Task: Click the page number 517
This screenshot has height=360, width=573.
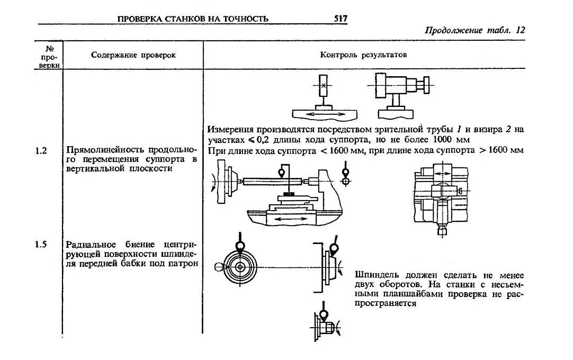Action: pyautogui.click(x=341, y=19)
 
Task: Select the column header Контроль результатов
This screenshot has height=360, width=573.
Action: pyautogui.click(x=363, y=55)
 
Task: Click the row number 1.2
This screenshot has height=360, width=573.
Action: pyautogui.click(x=41, y=150)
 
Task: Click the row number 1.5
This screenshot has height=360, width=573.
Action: pyautogui.click(x=41, y=245)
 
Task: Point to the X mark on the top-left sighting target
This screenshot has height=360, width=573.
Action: pyautogui.click(x=324, y=85)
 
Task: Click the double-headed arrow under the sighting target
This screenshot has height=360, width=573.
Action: pyautogui.click(x=325, y=114)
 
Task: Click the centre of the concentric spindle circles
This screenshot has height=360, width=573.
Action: pyautogui.click(x=240, y=267)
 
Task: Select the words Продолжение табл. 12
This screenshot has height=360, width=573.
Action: pyautogui.click(x=474, y=30)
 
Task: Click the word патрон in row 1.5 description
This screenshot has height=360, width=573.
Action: pyautogui.click(x=185, y=263)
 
